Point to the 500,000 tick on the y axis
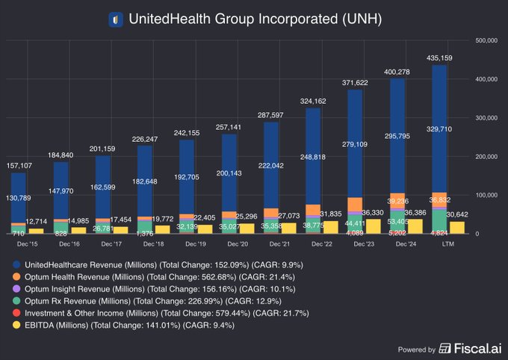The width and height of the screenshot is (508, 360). coord(487,40)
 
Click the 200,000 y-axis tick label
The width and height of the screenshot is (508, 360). coord(487,156)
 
